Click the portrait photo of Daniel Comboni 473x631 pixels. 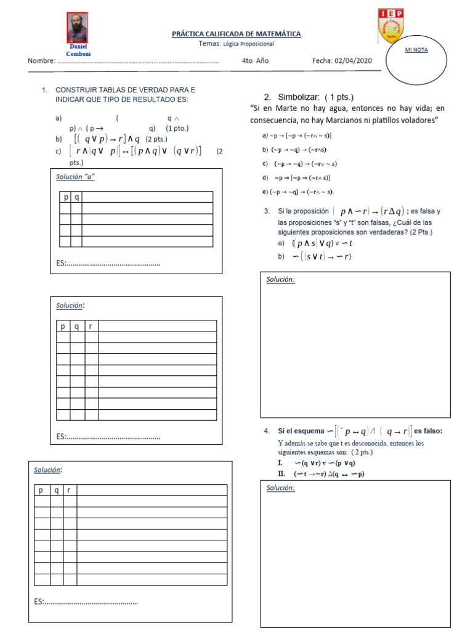click(77, 28)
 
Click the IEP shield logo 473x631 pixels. click(390, 26)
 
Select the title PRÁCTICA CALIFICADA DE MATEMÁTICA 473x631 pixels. click(236, 34)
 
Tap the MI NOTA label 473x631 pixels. click(416, 50)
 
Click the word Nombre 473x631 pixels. click(41, 61)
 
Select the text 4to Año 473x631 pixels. click(255, 61)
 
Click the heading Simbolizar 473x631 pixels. click(308, 97)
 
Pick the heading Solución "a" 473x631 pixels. click(75, 176)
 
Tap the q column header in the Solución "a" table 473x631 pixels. click(76, 197)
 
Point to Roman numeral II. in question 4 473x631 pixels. click(281, 473)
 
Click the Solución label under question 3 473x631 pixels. click(280, 280)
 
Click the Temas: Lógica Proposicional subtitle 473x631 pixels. click(236, 44)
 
